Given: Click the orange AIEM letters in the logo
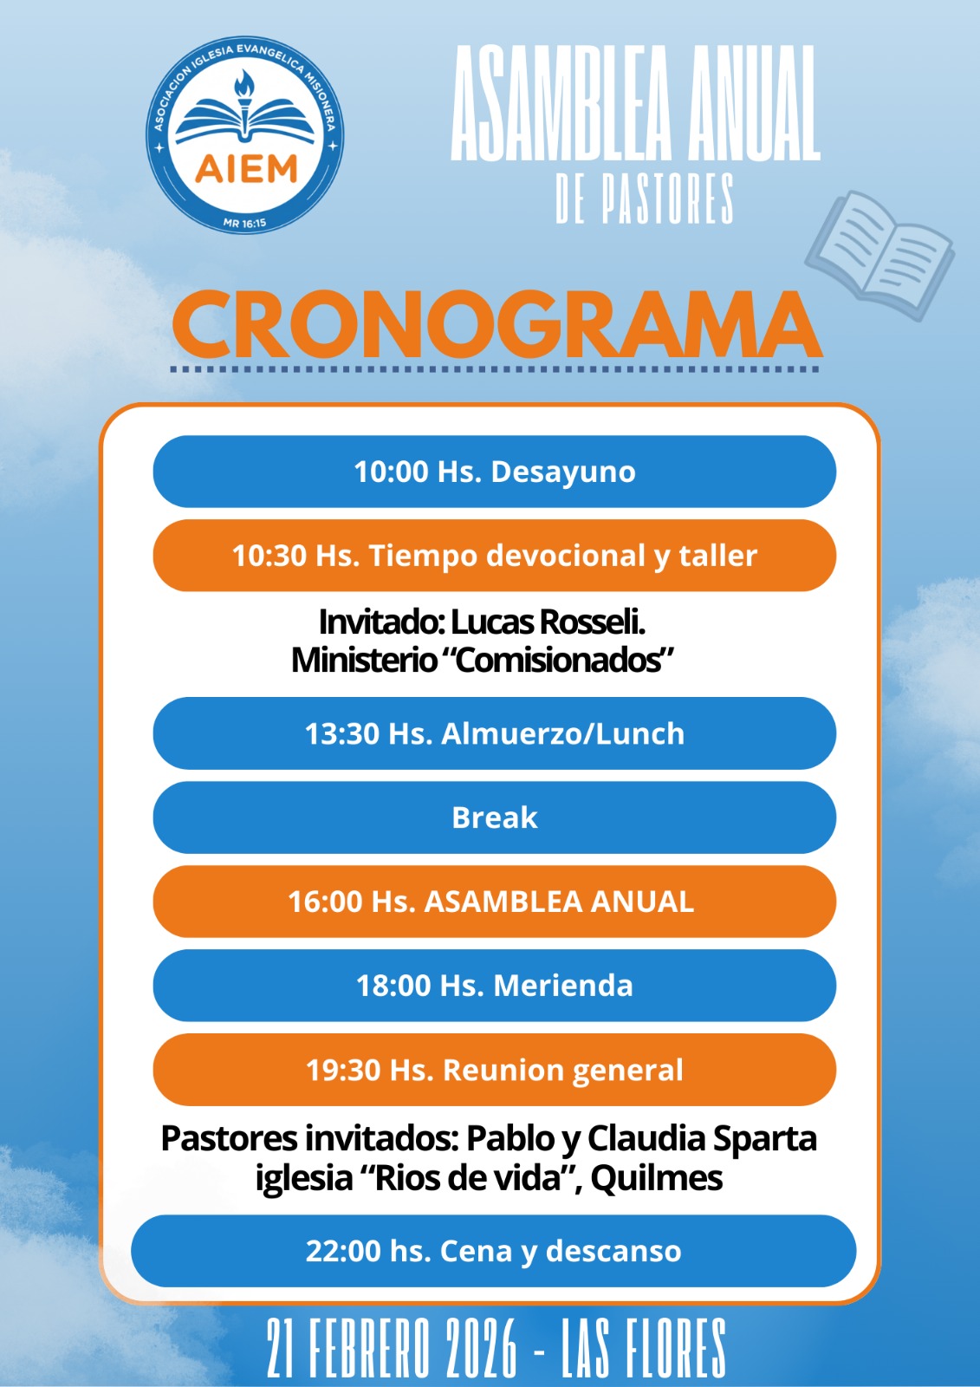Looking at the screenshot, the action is (x=246, y=168).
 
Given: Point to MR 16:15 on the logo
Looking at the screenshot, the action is (x=244, y=223).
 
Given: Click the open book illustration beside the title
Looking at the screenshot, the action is (x=879, y=255).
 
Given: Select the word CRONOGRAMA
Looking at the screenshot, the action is (x=496, y=324).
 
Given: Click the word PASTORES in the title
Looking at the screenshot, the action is (x=667, y=199).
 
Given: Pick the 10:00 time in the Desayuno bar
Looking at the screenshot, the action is (x=391, y=472).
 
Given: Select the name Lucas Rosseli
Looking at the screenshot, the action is (x=548, y=622).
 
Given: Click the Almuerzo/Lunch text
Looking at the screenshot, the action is (x=562, y=733).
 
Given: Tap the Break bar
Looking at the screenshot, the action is (x=495, y=817).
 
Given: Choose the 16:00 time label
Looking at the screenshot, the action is (x=326, y=902).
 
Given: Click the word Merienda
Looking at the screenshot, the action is (x=562, y=986).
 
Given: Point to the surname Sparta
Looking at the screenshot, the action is (x=765, y=1139).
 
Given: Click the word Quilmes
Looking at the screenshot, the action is (x=656, y=1178).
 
